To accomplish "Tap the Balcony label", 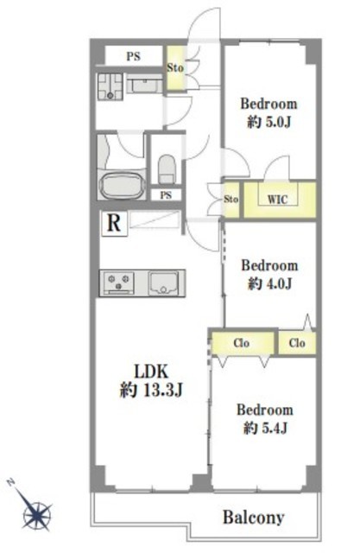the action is (254, 518).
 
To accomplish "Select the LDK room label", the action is (151, 372).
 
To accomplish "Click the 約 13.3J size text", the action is (151, 390).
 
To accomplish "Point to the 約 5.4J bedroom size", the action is (266, 429).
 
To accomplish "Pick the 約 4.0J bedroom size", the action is (269, 283).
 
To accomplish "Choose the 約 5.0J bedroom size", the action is (268, 122).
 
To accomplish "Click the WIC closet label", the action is (278, 200).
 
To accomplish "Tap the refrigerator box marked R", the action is (114, 223).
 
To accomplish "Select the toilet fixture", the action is (167, 169).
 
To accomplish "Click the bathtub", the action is (123, 186).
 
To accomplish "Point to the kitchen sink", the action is (163, 283).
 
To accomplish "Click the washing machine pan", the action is (111, 86).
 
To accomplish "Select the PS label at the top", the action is (134, 56).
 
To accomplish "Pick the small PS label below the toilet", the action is (166, 195).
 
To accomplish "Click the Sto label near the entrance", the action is (175, 67).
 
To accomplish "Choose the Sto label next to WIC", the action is (231, 200).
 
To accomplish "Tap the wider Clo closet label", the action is (241, 343).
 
